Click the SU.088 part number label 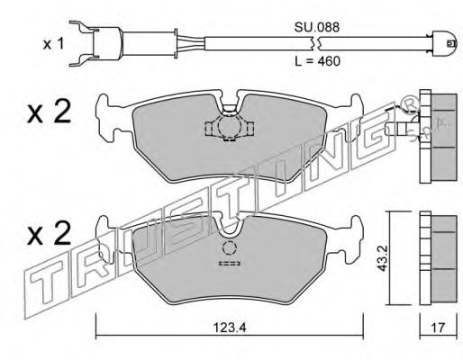(x=317, y=27)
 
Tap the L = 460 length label (x=317, y=61)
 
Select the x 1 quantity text (x=53, y=44)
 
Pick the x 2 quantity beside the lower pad (x=49, y=233)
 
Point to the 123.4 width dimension (x=230, y=328)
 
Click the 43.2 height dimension (x=382, y=258)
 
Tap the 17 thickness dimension (x=438, y=328)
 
